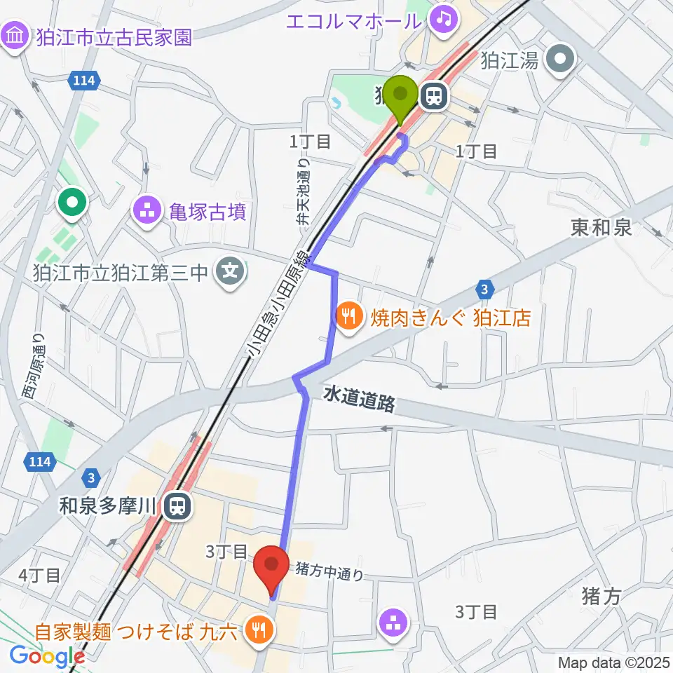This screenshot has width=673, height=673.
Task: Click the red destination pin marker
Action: click(271, 565)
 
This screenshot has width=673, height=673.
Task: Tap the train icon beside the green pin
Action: click(434, 97)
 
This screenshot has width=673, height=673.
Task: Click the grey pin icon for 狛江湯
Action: click(561, 60)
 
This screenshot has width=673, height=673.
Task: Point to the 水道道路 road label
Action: click(359, 400)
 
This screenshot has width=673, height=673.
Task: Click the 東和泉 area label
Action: click(601, 227)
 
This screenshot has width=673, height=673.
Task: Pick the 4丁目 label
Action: click(39, 575)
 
